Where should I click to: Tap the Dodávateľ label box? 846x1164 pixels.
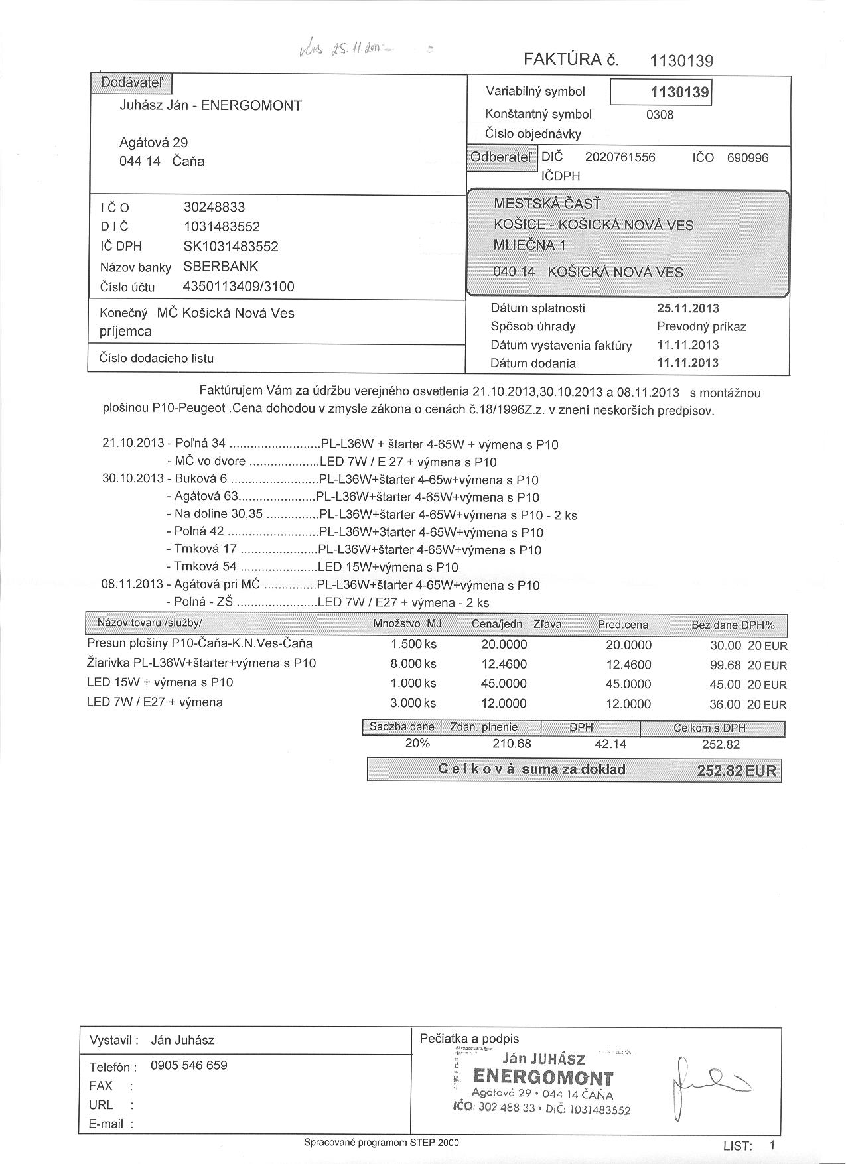tap(131, 83)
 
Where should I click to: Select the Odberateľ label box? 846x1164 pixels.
tap(501, 158)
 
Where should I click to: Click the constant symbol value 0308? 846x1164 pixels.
tap(660, 115)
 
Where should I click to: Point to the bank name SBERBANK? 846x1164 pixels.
tap(221, 267)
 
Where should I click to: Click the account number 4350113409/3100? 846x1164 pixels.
tap(238, 287)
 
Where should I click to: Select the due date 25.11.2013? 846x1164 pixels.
tap(687, 308)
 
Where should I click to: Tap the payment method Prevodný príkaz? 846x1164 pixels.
tap(701, 326)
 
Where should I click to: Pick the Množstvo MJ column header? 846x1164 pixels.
tap(407, 624)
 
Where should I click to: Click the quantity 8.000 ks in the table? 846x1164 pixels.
tap(413, 663)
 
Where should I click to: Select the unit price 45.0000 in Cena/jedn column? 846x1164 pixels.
tap(504, 683)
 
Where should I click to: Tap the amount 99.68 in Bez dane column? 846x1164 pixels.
tap(725, 665)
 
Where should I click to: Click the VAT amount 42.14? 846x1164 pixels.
tap(610, 744)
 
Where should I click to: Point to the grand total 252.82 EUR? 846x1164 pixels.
tap(736, 771)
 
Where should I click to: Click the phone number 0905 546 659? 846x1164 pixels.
tap(189, 1065)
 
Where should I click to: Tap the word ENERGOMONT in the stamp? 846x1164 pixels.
tap(543, 1077)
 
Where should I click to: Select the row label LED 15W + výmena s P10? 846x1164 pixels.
tap(160, 682)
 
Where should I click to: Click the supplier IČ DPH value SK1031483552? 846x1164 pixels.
tap(231, 247)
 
